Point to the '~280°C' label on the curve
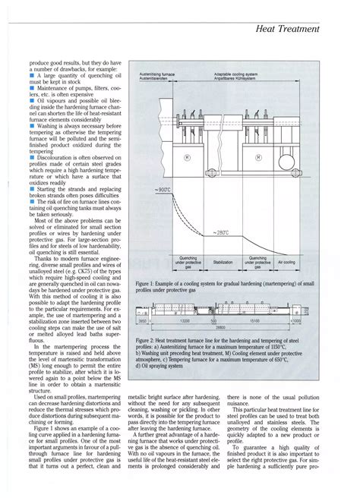pos(219,232)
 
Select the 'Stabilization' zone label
pos(222,262)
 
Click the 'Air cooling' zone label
pos(305,262)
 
